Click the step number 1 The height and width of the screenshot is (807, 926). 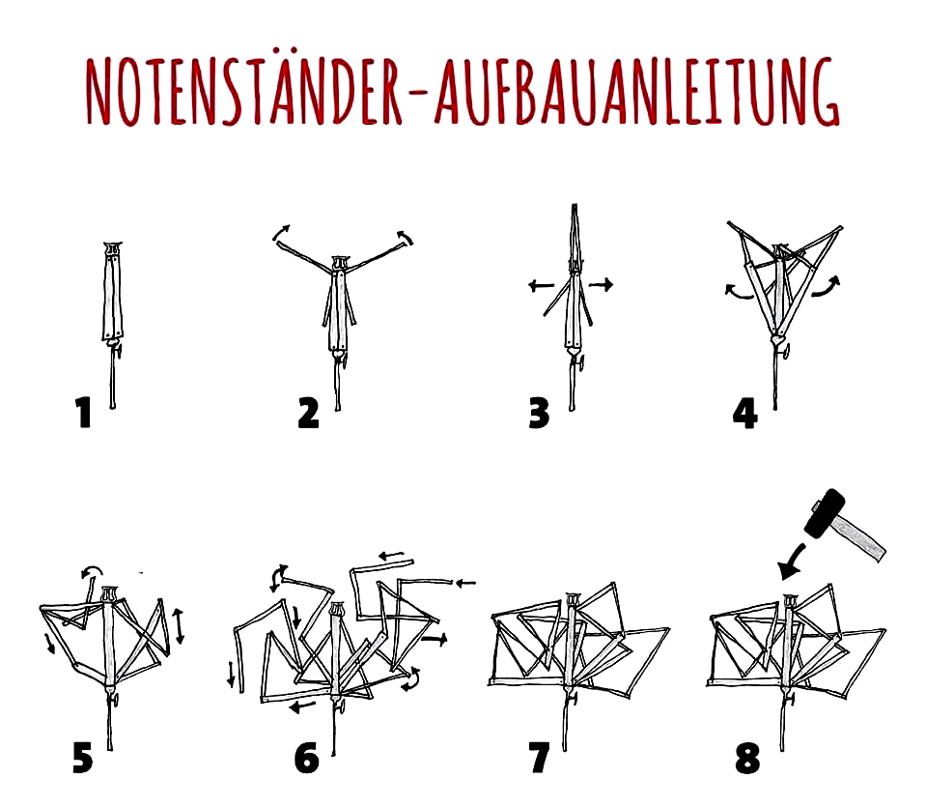(x=84, y=412)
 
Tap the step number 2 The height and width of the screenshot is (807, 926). (x=308, y=413)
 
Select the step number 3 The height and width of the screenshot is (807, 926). (x=539, y=413)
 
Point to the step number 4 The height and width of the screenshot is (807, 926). (x=744, y=413)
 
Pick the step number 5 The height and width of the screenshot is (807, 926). (x=83, y=758)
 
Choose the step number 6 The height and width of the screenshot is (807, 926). (x=306, y=758)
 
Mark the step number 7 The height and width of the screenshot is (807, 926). (x=539, y=758)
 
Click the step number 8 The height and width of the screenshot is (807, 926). (x=747, y=758)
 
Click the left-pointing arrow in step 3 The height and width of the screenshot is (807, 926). (x=541, y=286)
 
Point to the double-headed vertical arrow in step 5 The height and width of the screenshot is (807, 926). (x=180, y=625)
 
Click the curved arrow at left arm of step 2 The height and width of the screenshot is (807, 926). (x=281, y=233)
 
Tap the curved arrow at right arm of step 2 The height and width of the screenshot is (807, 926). (x=406, y=237)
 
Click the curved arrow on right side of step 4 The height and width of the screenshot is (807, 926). (x=826, y=286)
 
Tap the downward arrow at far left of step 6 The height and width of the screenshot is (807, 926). (x=231, y=676)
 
